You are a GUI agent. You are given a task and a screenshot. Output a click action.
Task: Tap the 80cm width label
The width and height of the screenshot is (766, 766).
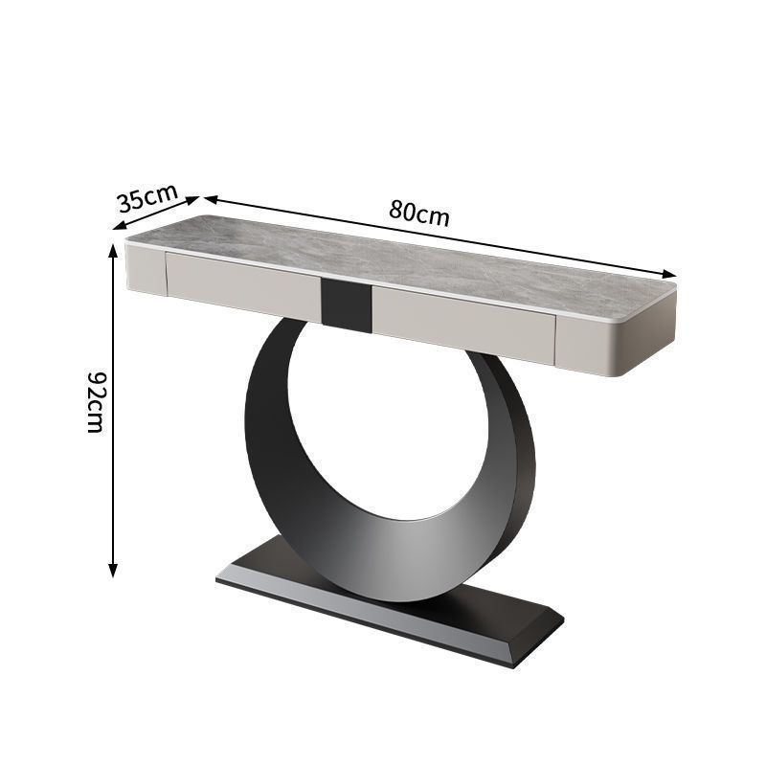[x=418, y=212]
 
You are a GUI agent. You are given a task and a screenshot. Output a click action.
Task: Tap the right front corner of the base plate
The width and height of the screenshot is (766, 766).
[x=522, y=661]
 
